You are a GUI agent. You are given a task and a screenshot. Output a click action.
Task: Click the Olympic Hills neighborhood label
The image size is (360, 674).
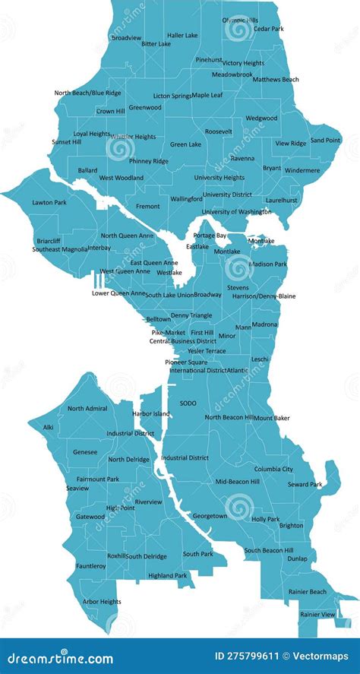[x=239, y=20]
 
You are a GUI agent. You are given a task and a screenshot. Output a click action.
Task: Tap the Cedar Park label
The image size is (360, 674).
[x=268, y=29]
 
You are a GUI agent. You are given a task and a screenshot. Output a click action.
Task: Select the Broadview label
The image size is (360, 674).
[x=126, y=37]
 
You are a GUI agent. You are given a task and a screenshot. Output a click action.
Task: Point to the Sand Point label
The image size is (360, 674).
[x=325, y=140]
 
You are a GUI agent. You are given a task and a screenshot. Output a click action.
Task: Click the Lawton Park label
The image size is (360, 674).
[x=49, y=203]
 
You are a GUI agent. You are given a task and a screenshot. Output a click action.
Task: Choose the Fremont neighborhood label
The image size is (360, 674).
[x=147, y=206]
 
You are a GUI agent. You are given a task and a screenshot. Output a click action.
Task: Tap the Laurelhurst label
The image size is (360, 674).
[x=281, y=200]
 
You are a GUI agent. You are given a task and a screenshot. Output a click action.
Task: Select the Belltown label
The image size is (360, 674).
[x=158, y=319]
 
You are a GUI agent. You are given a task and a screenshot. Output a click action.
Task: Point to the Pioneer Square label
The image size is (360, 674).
[x=186, y=362]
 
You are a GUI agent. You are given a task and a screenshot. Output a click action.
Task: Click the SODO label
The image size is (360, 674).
[x=188, y=403]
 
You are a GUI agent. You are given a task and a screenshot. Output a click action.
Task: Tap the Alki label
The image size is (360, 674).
[x=48, y=427]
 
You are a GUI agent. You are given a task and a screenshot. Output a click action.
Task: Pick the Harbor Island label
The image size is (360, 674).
[x=151, y=414]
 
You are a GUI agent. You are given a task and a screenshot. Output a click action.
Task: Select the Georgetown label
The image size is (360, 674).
[x=210, y=516]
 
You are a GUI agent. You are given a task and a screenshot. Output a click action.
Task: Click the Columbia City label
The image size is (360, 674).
[x=273, y=469]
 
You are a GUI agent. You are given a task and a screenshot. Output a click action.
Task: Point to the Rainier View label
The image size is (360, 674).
[x=317, y=614]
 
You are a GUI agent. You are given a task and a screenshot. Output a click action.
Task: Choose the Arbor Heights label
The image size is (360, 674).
[x=102, y=602]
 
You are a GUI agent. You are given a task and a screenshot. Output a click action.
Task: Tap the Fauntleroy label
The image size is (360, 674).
[x=91, y=566]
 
